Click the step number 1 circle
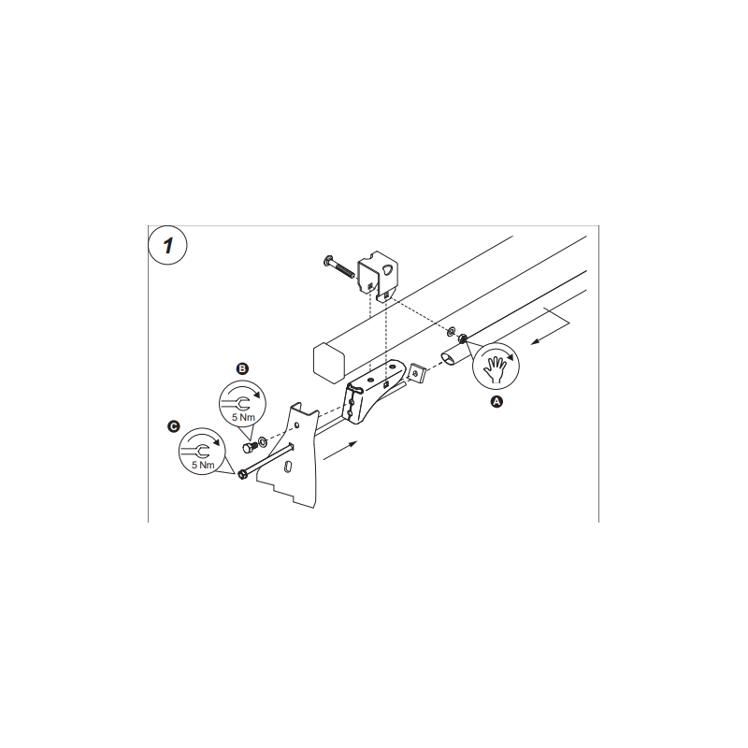pyautogui.click(x=167, y=246)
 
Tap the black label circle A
pyautogui.click(x=496, y=402)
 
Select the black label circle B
pyautogui.click(x=242, y=368)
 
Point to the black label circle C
pyautogui.click(x=174, y=426)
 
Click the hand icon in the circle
pyautogui.click(x=495, y=367)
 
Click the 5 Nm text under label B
pyautogui.click(x=243, y=417)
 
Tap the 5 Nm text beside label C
pyautogui.click(x=203, y=465)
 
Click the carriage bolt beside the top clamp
pyautogui.click(x=340, y=268)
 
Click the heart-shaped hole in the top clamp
pyautogui.click(x=389, y=269)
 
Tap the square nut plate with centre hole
pyautogui.click(x=417, y=372)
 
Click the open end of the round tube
pyautogui.click(x=450, y=358)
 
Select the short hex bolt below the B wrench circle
pyautogui.click(x=250, y=448)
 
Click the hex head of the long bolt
pyautogui.click(x=242, y=475)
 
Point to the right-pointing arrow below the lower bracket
pyautogui.click(x=340, y=452)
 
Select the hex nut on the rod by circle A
pyautogui.click(x=462, y=339)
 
